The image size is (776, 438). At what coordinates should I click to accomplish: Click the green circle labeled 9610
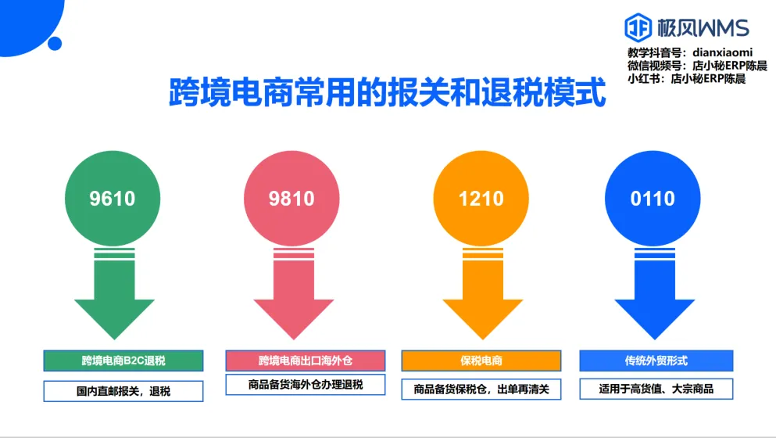click(113, 199)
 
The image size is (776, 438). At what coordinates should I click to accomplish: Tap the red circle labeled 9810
click(291, 199)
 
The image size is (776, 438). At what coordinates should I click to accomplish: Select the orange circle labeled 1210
click(481, 199)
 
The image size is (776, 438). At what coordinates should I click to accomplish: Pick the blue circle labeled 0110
click(653, 199)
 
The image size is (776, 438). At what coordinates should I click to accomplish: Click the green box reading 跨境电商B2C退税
click(123, 361)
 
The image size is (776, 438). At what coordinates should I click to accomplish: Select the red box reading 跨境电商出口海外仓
click(306, 361)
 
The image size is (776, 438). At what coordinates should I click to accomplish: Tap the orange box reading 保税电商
click(481, 361)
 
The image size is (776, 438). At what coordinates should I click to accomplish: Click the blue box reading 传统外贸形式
click(656, 361)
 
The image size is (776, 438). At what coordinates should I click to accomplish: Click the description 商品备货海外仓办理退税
click(306, 385)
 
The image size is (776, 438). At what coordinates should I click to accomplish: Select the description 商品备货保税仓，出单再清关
click(481, 389)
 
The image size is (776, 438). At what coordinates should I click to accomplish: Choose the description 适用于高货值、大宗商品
click(656, 388)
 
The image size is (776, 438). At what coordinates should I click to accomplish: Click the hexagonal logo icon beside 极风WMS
click(638, 28)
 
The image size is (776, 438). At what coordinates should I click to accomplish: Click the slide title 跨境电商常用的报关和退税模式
click(388, 92)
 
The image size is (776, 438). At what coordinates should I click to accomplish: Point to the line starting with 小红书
click(686, 79)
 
